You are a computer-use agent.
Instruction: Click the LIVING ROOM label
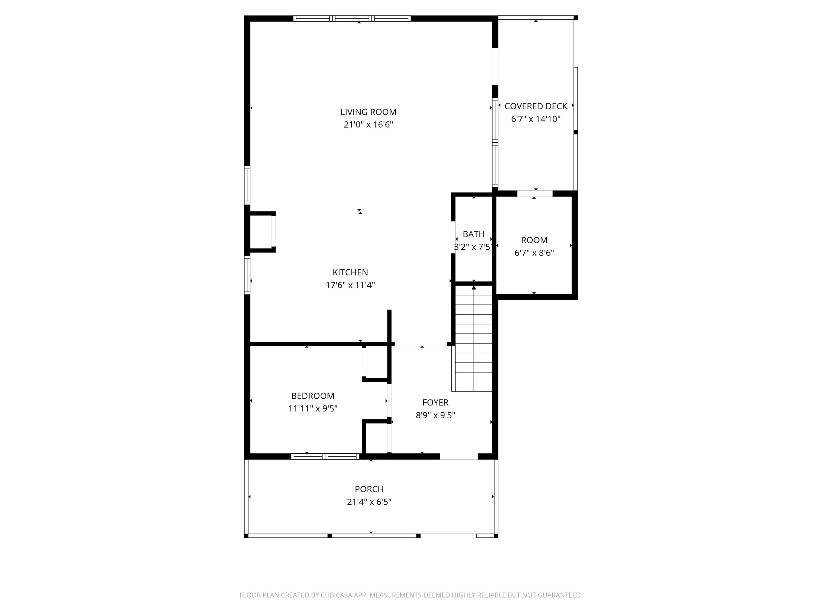[x=368, y=112]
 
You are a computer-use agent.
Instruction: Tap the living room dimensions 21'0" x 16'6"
[x=368, y=124]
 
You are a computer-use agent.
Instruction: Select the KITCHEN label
[x=350, y=272]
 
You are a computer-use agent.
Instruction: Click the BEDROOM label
[x=313, y=396]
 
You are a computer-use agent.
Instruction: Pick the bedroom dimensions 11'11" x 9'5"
[x=313, y=408]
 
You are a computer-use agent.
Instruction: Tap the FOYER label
[x=435, y=402]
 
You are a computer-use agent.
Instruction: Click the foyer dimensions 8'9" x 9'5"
[x=435, y=415]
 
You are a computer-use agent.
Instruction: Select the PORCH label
[x=369, y=489]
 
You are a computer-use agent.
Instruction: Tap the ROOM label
[x=534, y=240]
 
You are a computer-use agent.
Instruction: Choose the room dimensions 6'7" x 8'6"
[x=534, y=253]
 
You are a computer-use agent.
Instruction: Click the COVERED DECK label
[x=535, y=106]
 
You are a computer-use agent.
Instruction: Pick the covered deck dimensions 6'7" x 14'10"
[x=535, y=119]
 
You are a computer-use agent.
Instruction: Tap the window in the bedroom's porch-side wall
[x=325, y=456]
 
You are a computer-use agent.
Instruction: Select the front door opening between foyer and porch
[x=459, y=457]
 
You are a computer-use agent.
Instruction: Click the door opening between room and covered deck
[x=535, y=194]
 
